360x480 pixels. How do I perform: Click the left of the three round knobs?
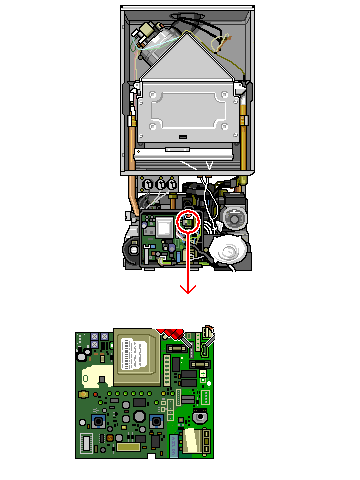click(x=149, y=184)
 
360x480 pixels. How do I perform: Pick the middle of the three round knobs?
click(x=160, y=184)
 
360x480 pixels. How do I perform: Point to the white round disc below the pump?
click(x=229, y=250)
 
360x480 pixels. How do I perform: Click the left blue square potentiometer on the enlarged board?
click(x=96, y=422)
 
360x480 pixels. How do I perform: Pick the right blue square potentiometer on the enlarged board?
click(x=157, y=422)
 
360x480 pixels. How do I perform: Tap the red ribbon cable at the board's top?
click(x=172, y=333)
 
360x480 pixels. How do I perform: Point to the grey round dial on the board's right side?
click(x=203, y=398)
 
